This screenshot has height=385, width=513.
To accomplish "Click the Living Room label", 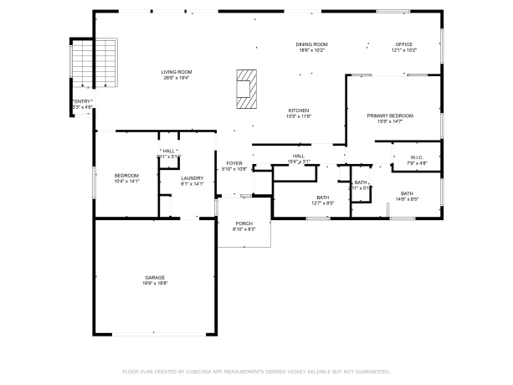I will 177,72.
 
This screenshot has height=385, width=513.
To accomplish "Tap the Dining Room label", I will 310,44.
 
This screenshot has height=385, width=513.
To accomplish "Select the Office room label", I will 405,44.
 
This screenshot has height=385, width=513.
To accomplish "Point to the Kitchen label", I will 299,110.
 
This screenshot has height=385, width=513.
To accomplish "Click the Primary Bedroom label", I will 390,116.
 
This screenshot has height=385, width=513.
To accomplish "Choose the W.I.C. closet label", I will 417,157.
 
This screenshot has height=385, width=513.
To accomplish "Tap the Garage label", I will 155,277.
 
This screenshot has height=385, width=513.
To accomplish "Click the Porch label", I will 244,223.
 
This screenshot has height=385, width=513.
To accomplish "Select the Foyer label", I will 234,163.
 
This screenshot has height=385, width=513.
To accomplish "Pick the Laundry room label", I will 192,177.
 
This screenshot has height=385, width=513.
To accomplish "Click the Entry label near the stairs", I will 82,101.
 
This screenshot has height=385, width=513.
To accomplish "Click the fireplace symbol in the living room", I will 244,89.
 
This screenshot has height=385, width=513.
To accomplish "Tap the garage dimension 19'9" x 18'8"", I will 155,283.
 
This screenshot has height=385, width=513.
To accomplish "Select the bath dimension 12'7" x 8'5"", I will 323,203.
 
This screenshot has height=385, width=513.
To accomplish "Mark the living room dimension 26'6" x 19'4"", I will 177,78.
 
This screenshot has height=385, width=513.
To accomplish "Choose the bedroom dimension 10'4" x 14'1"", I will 126,181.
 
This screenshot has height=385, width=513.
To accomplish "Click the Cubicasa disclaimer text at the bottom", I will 256,371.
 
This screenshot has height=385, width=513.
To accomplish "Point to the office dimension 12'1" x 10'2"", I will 405,50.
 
